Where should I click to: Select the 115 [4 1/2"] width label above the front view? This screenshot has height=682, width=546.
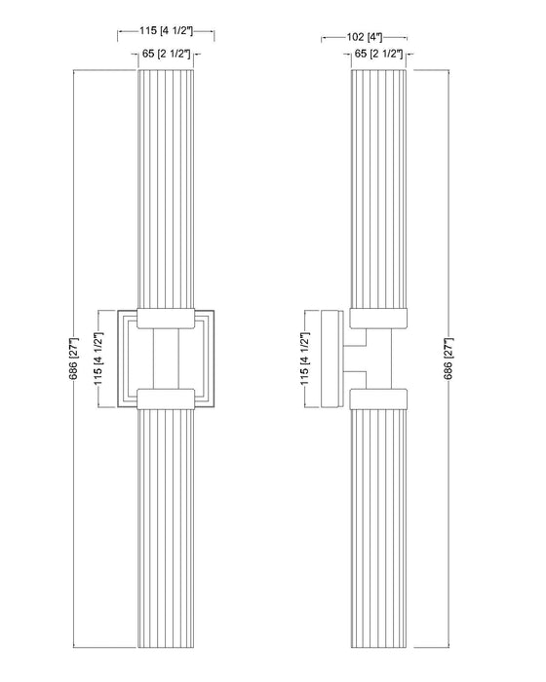tap(167, 32)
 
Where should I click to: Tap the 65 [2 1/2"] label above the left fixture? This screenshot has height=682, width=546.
tap(167, 53)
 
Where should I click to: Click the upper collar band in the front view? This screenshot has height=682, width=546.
tap(167, 318)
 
